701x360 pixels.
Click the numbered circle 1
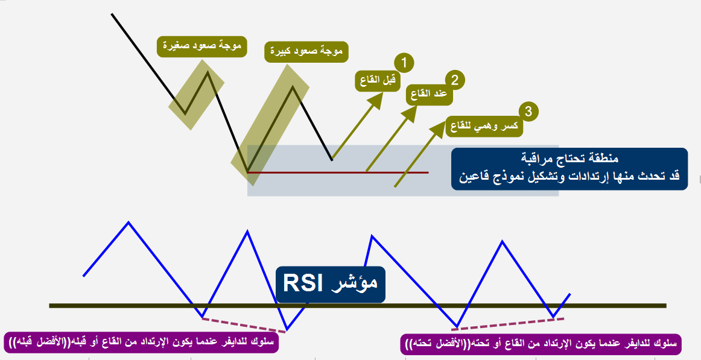pos(404,62)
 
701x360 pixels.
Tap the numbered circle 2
pos(454,80)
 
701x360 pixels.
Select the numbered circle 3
pos(528,111)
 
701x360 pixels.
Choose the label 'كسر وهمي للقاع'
pos(484,127)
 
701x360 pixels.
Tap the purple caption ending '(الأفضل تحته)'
pos(541,344)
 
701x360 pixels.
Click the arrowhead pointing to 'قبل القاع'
pos(376,100)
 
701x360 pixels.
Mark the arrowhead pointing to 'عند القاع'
pos(410,114)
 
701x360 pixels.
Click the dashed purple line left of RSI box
pos(241,324)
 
